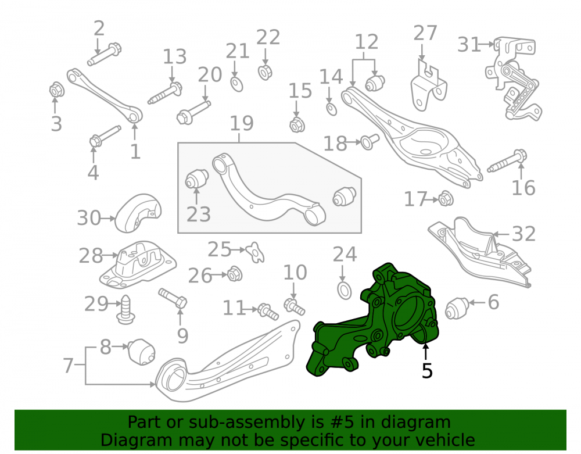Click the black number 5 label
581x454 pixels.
tap(427, 370)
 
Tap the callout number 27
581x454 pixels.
tap(425, 33)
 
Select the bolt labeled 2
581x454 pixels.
tap(105, 55)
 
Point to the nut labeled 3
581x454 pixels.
tap(57, 90)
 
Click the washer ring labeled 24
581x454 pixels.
tap(345, 290)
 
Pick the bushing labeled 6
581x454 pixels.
tap(457, 308)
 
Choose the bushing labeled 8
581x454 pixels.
tap(142, 351)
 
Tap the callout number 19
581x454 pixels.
tap(242, 123)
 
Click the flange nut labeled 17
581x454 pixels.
tap(446, 199)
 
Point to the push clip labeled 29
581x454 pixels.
tap(125, 310)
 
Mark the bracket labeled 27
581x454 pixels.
tap(429, 87)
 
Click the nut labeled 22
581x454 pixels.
tap(265, 72)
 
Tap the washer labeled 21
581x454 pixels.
tap(236, 84)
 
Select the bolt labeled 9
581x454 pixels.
tap(173, 298)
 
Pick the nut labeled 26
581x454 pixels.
tap(234, 274)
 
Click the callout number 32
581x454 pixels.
tap(523, 234)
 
